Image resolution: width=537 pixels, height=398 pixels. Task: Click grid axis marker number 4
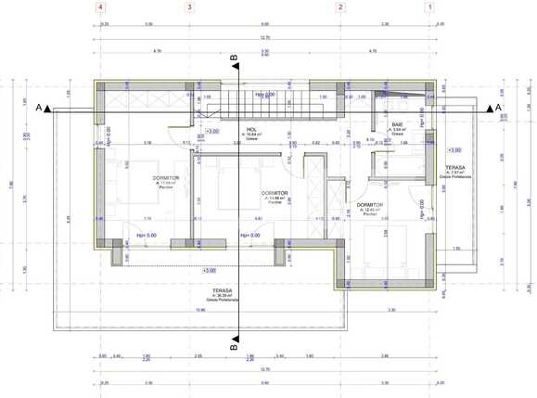[100, 7]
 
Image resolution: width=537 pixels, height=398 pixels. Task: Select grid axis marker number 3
[190, 7]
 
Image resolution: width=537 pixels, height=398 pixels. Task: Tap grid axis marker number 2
[341, 7]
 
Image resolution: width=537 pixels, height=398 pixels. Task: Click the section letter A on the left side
[39, 109]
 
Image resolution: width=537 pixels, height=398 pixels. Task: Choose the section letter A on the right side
[499, 109]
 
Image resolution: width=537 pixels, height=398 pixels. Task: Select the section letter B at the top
[234, 59]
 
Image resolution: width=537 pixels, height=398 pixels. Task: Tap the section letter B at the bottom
[234, 341]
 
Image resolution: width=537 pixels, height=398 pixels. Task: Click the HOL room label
[250, 130]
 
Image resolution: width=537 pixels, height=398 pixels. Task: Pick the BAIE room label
[397, 124]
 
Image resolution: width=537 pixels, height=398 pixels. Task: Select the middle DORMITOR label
[276, 193]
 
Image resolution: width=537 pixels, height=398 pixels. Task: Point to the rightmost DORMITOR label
[370, 205]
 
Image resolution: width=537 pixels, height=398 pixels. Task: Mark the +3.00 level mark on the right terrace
[454, 149]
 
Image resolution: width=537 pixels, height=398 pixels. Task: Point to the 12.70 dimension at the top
[265, 37]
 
